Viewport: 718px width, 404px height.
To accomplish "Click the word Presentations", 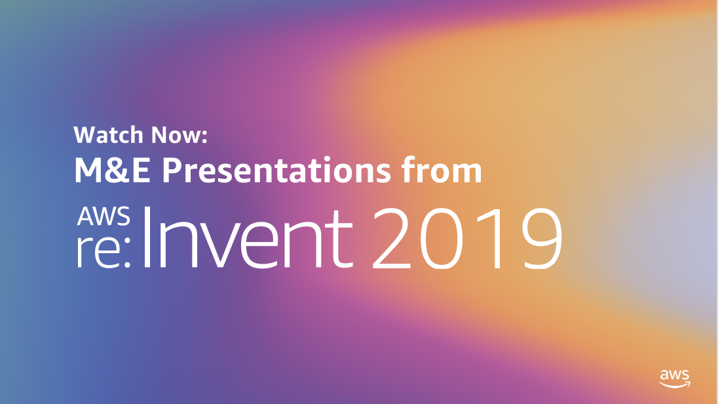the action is [x=276, y=170].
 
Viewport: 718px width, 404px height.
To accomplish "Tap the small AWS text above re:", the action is [x=104, y=216].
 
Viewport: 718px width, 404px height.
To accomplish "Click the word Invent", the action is [x=248, y=237].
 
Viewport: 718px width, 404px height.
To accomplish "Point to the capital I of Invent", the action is [x=147, y=237].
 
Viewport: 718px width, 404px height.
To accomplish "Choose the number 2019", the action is [x=467, y=237].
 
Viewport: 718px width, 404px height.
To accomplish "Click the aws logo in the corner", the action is [x=675, y=379].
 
